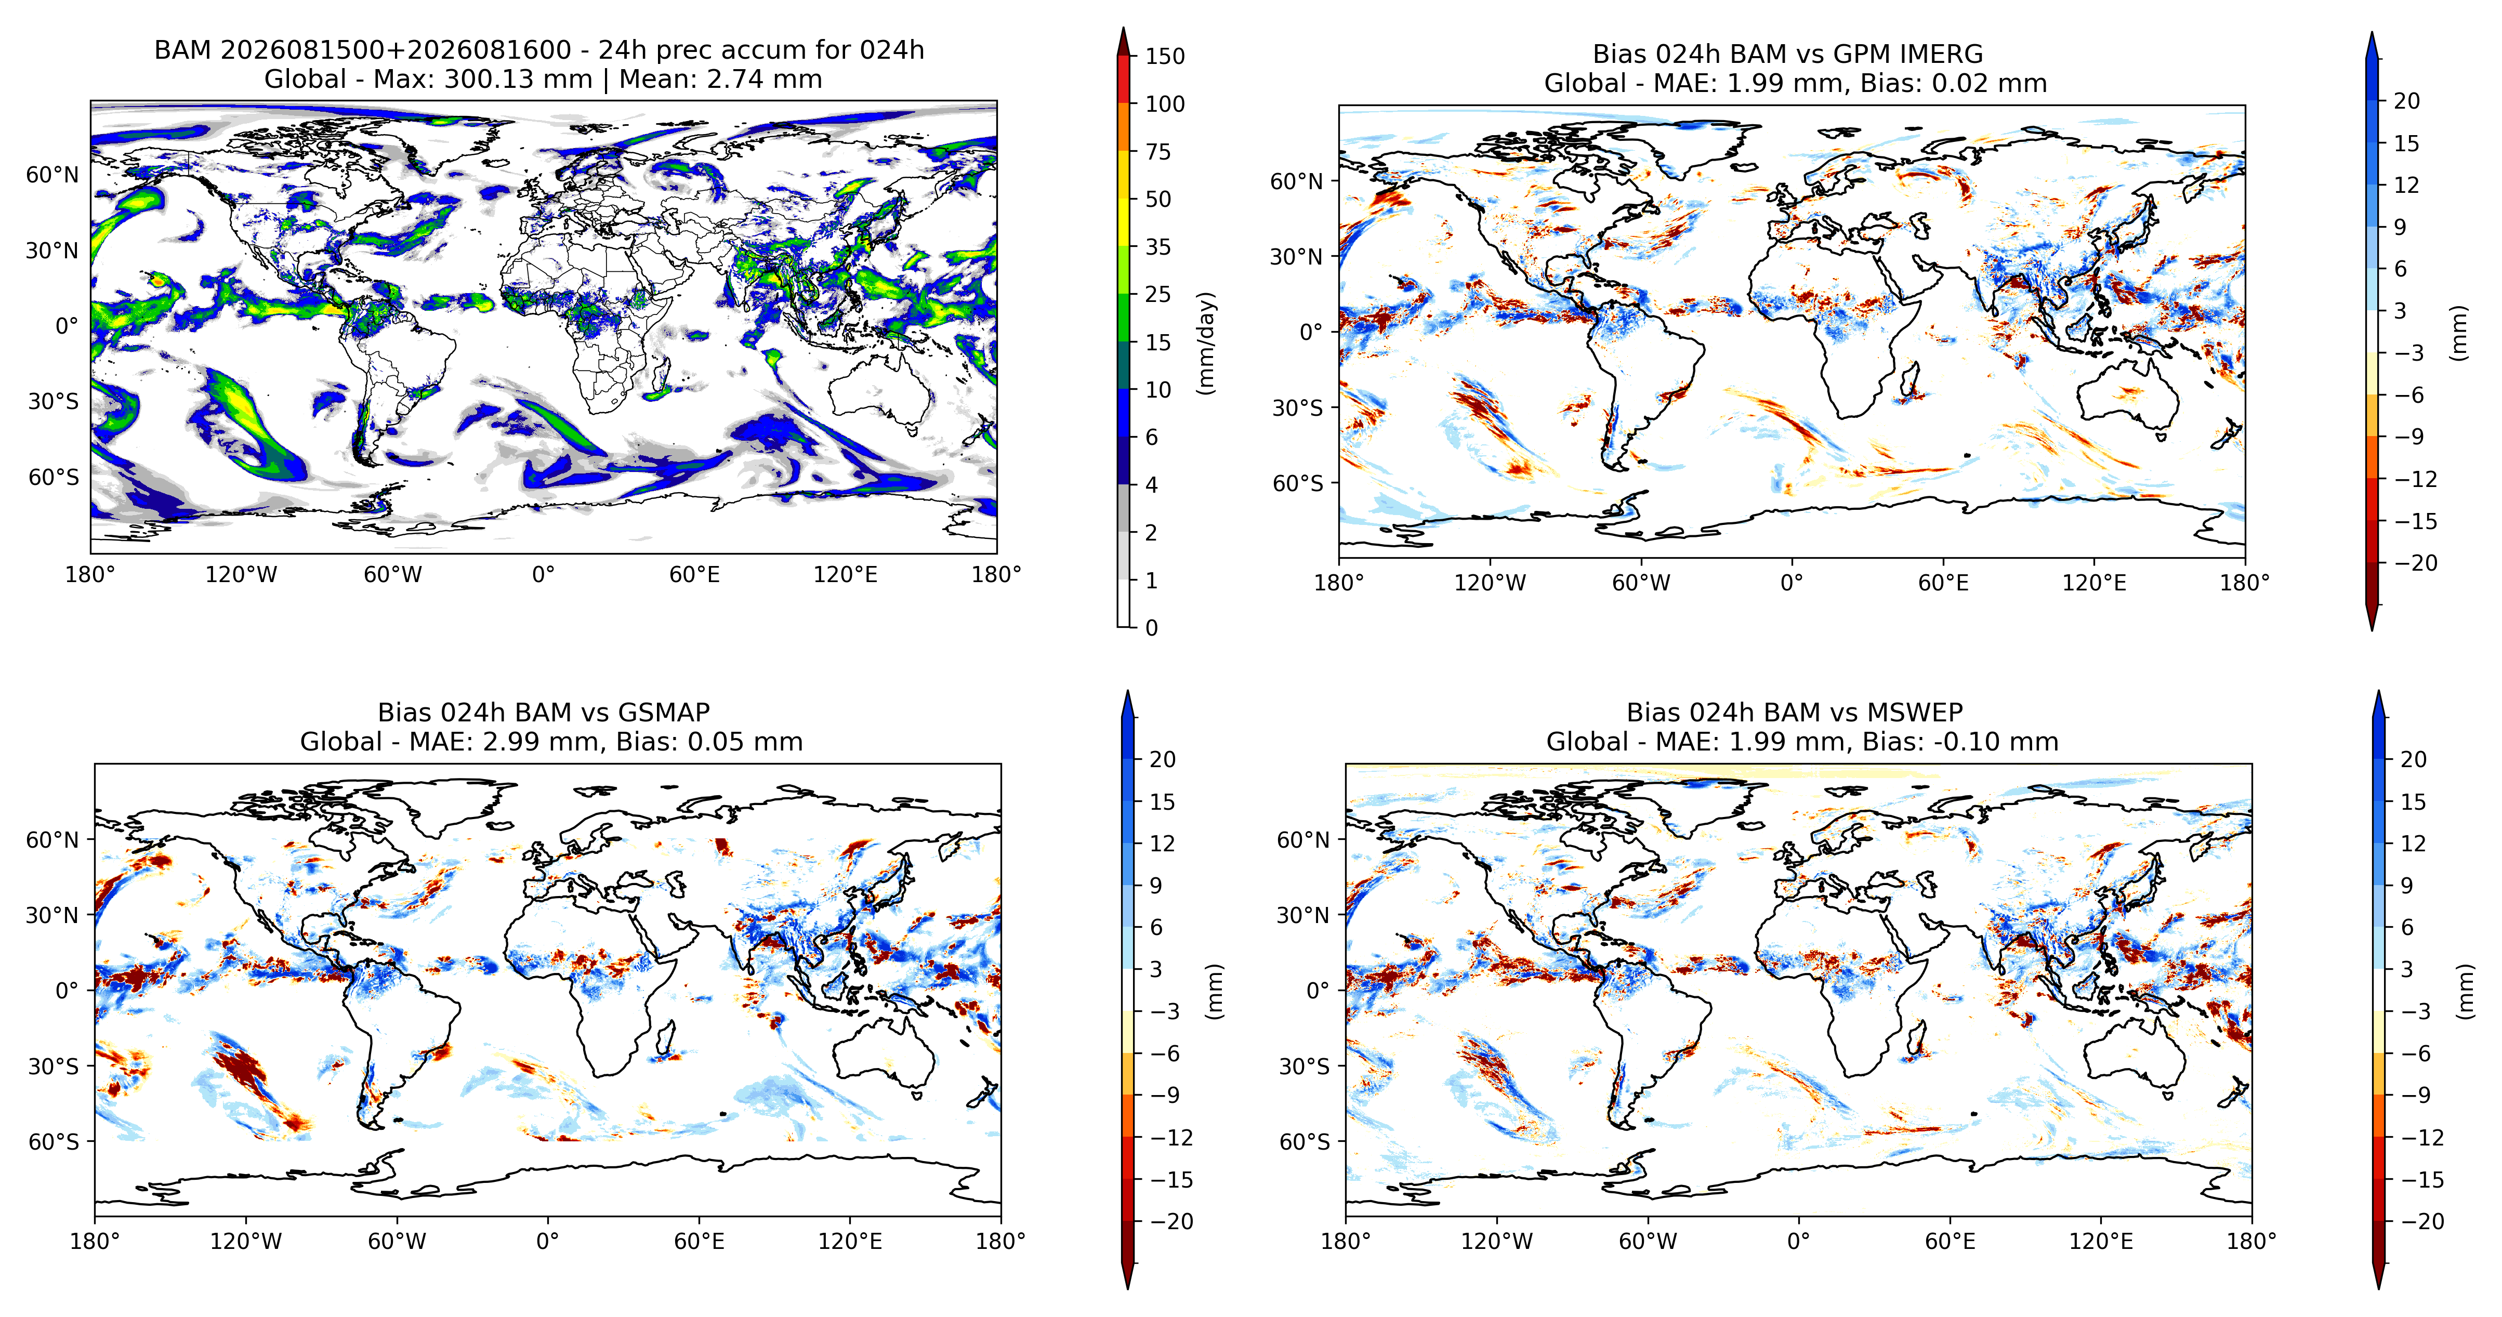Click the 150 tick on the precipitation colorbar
point(1165,56)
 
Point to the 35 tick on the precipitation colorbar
point(1158,247)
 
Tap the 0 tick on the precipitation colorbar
point(1152,627)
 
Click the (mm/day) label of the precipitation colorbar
point(1206,342)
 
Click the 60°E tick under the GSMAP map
point(700,1241)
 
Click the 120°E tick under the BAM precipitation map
point(845,575)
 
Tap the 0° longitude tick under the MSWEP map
point(1799,1241)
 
